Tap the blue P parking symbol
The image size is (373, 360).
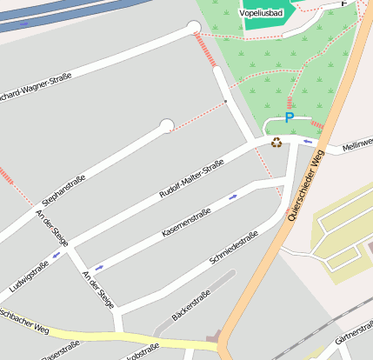tap(290, 118)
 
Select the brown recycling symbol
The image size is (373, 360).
tap(276, 143)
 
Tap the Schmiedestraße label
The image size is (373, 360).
tap(234, 249)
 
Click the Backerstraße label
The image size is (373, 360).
tap(190, 305)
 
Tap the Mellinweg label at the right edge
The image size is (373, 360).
tap(357, 143)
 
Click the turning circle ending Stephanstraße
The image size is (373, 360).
tap(166, 126)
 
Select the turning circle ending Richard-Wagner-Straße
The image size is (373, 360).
tap(194, 28)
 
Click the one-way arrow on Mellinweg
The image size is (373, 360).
tap(307, 141)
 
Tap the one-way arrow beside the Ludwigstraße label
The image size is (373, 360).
tap(57, 255)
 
